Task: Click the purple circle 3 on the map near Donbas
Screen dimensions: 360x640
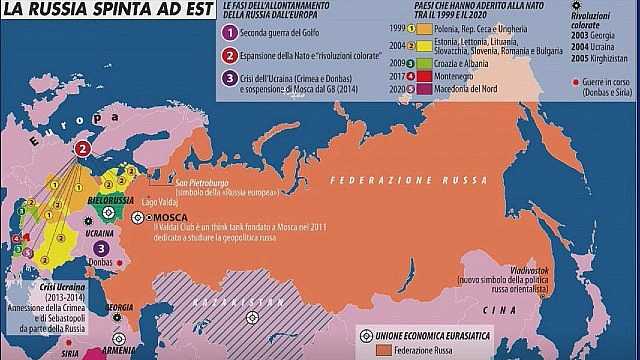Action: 101,246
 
